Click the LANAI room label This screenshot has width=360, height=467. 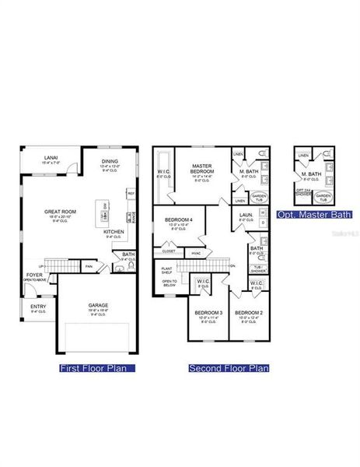(51, 158)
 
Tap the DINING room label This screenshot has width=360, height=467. (109, 162)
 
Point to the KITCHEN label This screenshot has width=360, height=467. (114, 231)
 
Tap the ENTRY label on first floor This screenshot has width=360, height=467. (38, 306)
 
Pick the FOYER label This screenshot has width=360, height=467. (34, 275)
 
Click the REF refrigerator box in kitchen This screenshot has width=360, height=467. (131, 193)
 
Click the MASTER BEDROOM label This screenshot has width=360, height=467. (203, 168)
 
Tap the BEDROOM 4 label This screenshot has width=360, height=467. (177, 221)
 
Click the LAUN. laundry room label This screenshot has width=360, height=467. (245, 215)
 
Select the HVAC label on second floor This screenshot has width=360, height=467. (197, 252)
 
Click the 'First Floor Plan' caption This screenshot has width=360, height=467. (97, 367)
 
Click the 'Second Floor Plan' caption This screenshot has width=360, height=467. (229, 367)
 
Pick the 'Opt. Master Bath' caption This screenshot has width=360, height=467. (322, 214)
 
